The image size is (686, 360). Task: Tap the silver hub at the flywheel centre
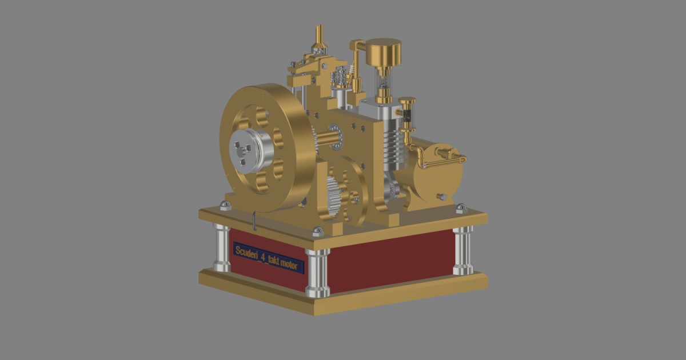point(248,150)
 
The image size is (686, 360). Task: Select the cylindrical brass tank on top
point(384,53)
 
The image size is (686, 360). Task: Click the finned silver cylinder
point(394,143)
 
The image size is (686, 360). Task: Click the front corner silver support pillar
point(318,273)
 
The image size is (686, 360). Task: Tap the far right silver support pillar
point(463,250)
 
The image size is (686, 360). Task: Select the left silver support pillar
point(222,247)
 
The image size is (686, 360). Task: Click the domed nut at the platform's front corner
point(317,231)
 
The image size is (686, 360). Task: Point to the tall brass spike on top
point(320,36)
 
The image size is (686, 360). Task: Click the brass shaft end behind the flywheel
point(328,138)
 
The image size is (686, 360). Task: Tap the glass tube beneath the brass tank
point(384,83)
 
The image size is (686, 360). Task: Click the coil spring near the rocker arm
point(341,75)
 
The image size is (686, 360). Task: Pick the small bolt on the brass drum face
point(441,197)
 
